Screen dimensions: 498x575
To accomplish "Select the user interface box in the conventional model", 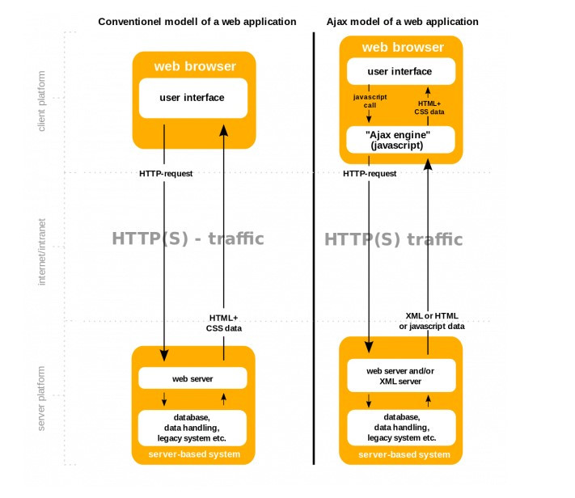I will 192,98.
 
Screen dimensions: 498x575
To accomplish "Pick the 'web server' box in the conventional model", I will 192,378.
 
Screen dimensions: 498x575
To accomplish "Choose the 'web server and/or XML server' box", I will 401,374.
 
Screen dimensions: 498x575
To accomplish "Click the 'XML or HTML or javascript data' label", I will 432,320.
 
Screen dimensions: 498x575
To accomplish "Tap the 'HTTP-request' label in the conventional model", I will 165,174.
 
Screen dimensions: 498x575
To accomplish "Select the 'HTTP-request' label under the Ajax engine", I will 370,174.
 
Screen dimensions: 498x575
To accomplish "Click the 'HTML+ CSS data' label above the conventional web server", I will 224,323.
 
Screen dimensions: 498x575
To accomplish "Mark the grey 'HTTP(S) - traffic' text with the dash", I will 188,239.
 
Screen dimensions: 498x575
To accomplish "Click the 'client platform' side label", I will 42,101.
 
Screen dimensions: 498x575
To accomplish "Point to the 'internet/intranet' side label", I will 42,251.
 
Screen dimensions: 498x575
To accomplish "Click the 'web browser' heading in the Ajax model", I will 402,48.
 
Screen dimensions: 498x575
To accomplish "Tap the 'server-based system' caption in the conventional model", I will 193,454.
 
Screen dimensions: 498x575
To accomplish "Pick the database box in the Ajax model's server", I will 401,426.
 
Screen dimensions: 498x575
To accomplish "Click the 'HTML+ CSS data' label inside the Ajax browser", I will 429,108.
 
